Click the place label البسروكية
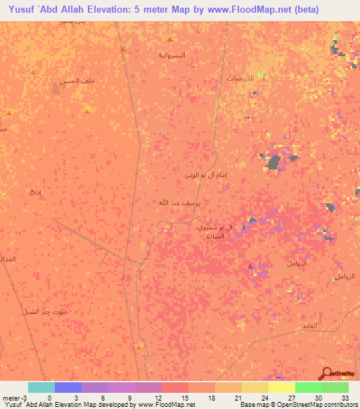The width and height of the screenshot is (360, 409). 172,54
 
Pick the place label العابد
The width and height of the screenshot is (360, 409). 309,325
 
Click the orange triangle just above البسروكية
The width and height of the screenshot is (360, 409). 170,39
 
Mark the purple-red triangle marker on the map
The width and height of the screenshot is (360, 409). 250,266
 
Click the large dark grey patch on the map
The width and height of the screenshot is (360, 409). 273,163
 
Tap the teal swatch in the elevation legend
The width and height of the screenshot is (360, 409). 41,387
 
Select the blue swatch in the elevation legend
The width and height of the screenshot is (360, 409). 68,387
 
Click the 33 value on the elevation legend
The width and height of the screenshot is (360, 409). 345,398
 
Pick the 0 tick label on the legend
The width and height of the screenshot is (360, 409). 49,398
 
